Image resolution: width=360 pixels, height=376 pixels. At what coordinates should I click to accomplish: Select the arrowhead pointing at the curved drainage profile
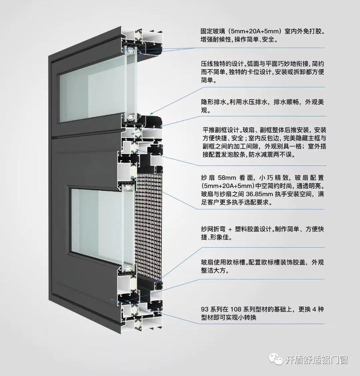152,113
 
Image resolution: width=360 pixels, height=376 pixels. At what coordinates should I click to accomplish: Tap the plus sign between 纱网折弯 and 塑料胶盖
230,229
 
